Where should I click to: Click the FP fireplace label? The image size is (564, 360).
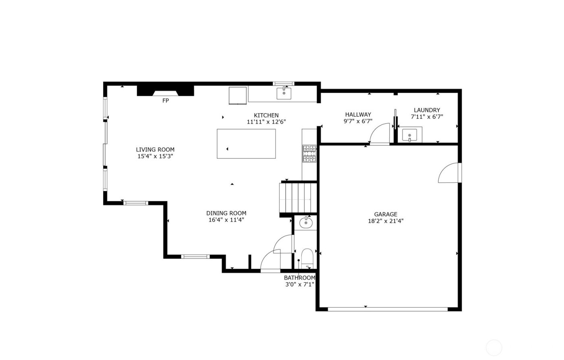coord(165,101)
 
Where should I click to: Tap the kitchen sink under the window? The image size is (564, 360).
coord(284,93)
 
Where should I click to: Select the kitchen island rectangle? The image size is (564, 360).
coord(246,144)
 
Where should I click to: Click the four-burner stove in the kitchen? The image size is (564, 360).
coord(309,154)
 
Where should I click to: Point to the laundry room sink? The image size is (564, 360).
coord(410,134)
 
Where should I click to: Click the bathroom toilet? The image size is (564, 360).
coord(307,258)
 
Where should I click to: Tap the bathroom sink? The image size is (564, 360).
coord(306,222)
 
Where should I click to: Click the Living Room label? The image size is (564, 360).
coord(155,149)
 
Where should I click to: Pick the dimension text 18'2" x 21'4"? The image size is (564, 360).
coord(386,221)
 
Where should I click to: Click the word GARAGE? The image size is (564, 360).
coord(386,214)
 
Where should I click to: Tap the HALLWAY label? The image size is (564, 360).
coord(358,114)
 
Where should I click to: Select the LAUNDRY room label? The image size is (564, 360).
coord(427,110)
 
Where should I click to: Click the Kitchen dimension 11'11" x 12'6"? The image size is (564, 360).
coord(266,122)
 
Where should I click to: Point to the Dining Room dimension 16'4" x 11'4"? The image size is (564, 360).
coord(226,220)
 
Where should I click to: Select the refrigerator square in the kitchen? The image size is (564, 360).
coord(238,95)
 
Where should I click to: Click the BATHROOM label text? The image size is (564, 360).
coord(299,277)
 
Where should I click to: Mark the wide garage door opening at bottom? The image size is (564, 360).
coord(388,309)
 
